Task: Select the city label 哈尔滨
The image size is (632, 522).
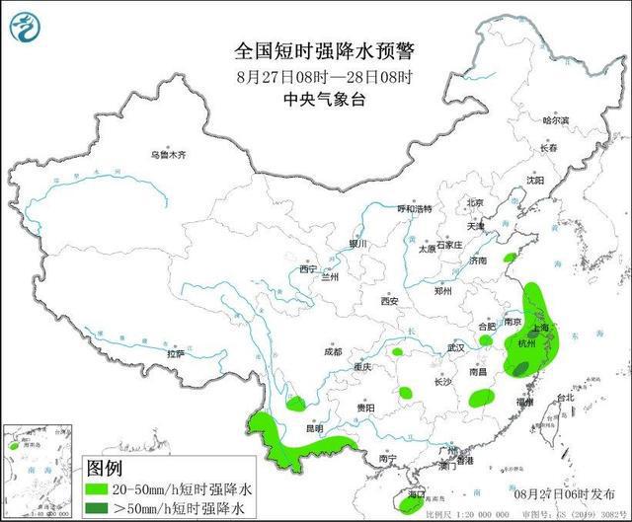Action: tap(557, 119)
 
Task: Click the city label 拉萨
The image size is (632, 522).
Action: tap(176, 352)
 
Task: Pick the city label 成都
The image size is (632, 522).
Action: tap(331, 351)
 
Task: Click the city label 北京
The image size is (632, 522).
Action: tap(475, 202)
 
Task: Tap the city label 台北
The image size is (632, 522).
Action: tap(564, 398)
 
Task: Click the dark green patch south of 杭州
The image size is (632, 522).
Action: tap(519, 367)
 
